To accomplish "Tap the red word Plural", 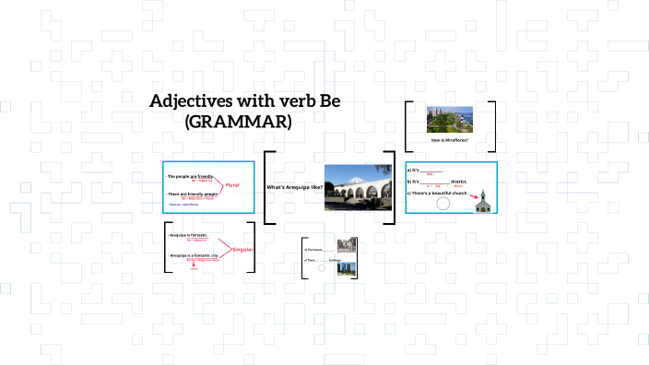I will [x=232, y=184].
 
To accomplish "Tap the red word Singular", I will [x=242, y=250].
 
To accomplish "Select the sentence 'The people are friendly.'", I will [x=190, y=175].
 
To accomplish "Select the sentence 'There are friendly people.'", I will [x=194, y=194].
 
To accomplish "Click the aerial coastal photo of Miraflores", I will [x=450, y=119].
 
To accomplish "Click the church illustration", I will [x=481, y=202].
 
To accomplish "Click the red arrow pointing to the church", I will [x=473, y=194].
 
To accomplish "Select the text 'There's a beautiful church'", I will [x=440, y=194].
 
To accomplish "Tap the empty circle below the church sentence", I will [x=442, y=203].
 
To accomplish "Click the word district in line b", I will [x=458, y=182].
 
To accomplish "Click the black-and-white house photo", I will [x=347, y=246].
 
